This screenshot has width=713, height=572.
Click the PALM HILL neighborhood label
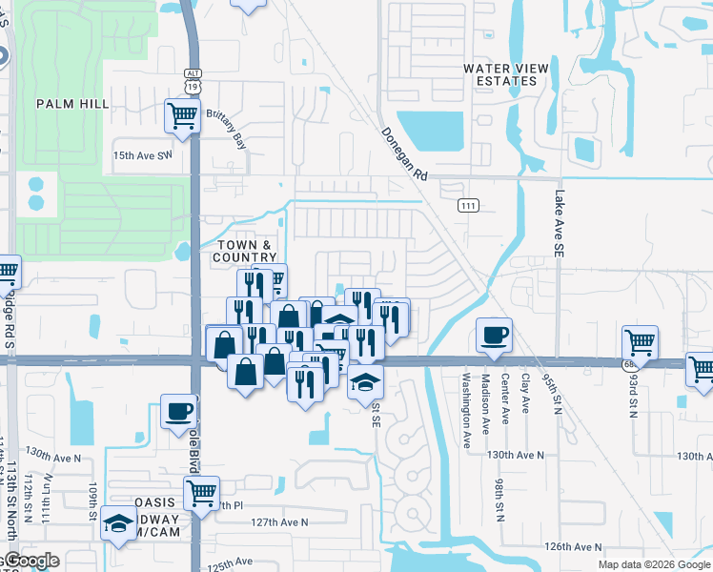point(71,103)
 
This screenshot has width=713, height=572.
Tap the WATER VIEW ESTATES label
point(499,74)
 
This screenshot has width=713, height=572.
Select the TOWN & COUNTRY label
point(243,252)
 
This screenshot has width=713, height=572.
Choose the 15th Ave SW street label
point(143,154)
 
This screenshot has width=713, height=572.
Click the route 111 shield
point(468,206)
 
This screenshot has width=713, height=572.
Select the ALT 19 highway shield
point(192,79)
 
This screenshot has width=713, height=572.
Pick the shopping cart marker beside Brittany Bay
point(182,115)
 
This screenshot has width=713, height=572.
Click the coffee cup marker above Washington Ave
point(494,335)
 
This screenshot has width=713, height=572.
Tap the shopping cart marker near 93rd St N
point(640,342)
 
